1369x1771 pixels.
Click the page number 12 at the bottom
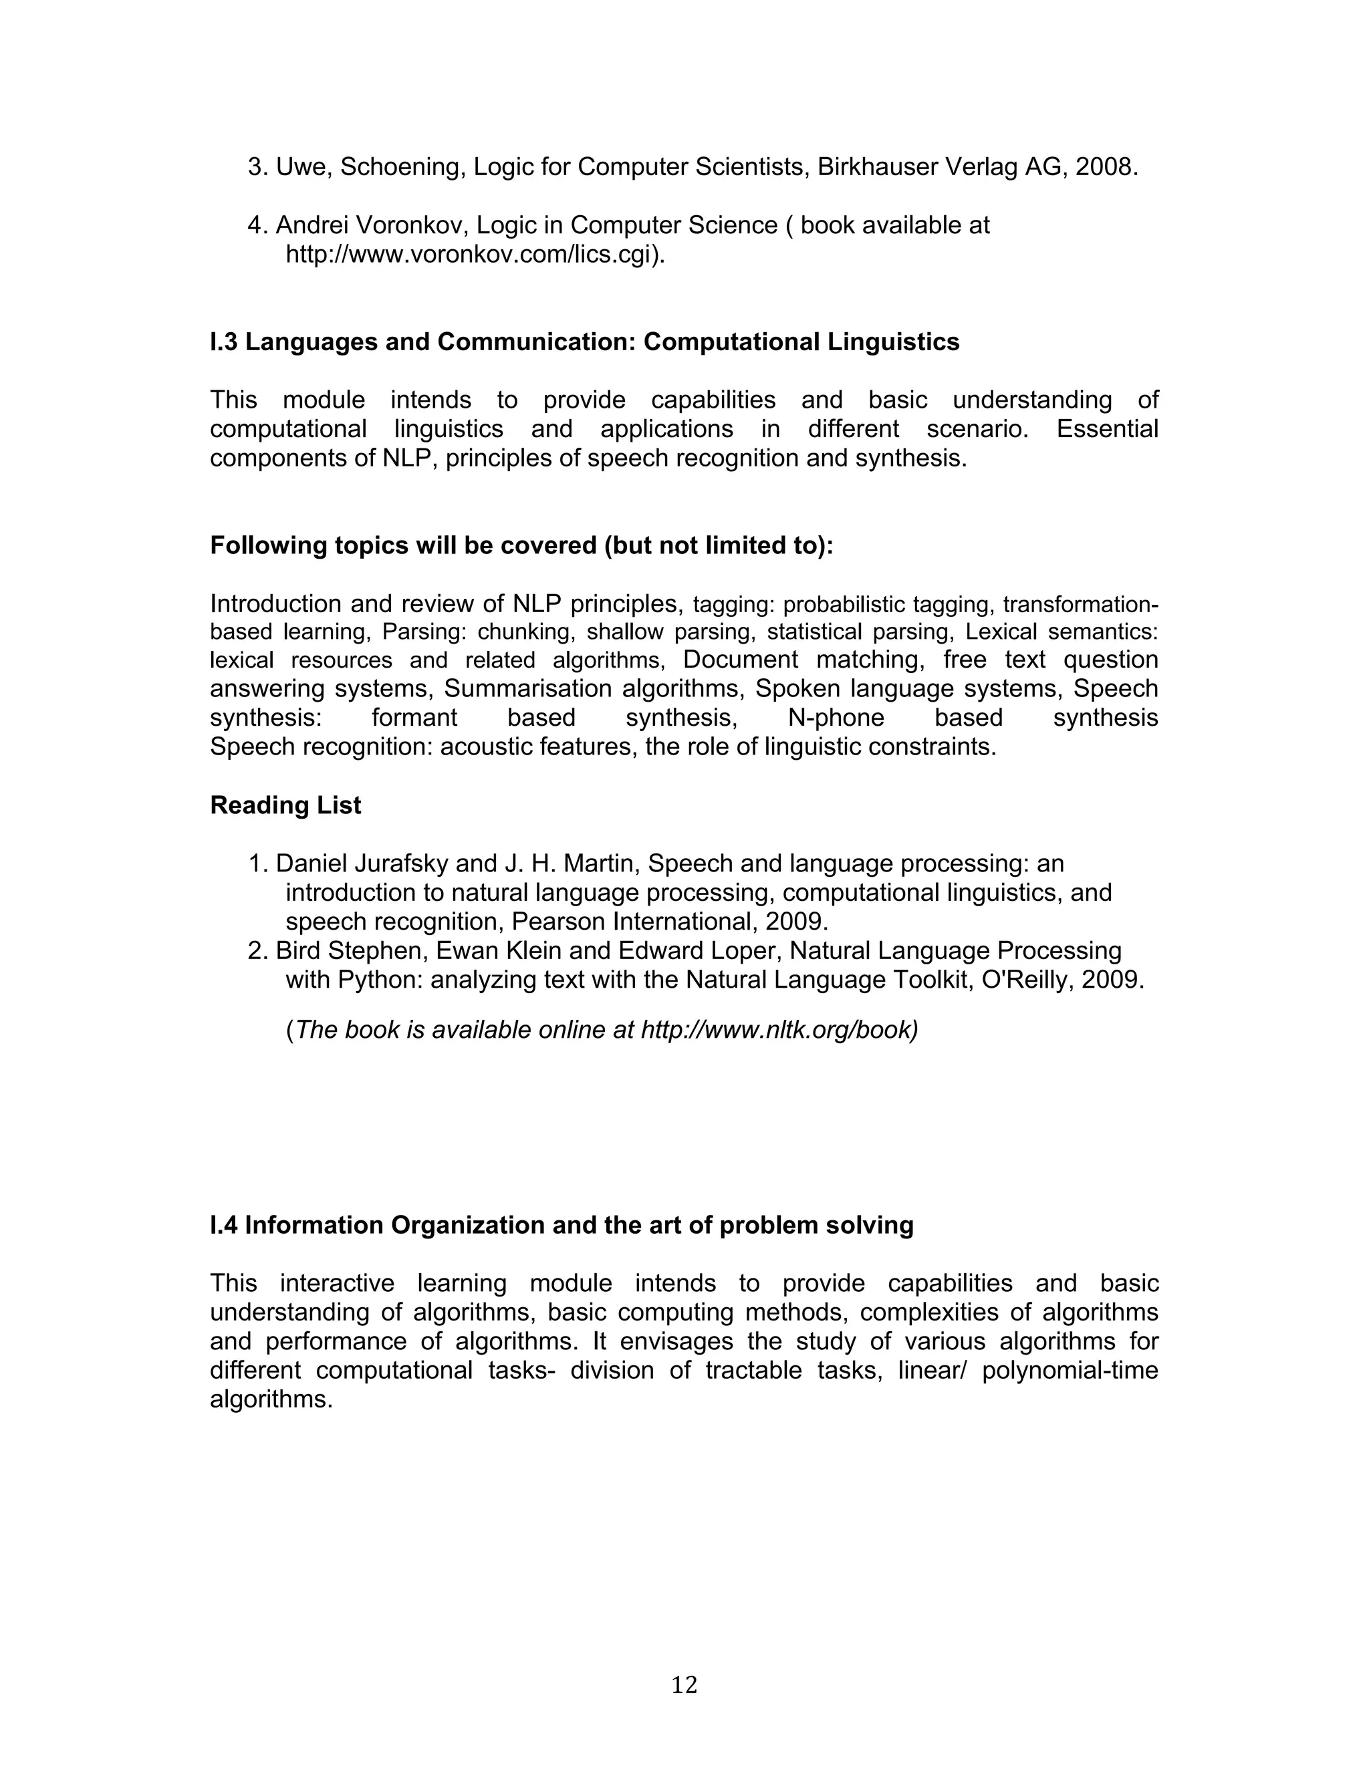(684, 1685)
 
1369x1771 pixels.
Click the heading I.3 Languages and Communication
(584, 342)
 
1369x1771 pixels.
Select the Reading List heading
(285, 805)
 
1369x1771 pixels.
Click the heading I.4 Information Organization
(562, 1225)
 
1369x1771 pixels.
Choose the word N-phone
(836, 718)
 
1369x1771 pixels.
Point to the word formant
(414, 718)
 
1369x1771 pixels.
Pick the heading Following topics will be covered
(521, 546)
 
